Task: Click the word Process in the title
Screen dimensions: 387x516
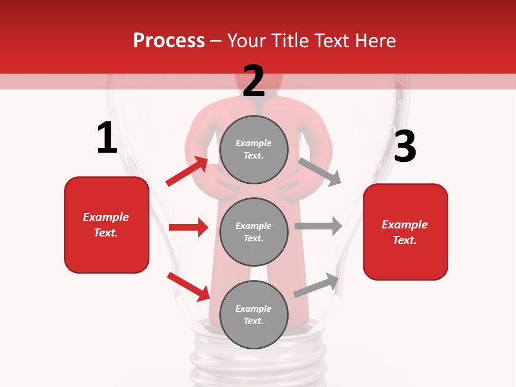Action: (x=169, y=40)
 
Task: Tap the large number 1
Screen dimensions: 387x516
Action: (x=107, y=138)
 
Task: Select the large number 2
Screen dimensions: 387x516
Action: (x=254, y=81)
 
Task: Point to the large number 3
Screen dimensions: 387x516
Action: (x=405, y=146)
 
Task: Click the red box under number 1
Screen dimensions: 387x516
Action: (x=106, y=225)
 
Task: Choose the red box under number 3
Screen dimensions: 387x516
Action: (x=405, y=232)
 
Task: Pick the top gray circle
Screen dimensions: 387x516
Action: (x=254, y=149)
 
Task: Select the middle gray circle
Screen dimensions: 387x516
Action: (x=254, y=232)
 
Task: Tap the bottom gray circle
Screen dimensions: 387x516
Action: (x=254, y=314)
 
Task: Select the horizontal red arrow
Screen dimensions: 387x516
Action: (x=188, y=227)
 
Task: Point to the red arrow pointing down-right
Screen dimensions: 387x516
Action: (x=188, y=286)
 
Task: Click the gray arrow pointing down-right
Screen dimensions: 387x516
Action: (x=320, y=171)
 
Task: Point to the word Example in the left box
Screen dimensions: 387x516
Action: (x=106, y=217)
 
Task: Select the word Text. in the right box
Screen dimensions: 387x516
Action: (x=405, y=240)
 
